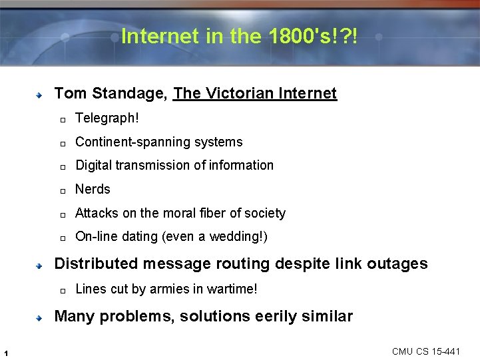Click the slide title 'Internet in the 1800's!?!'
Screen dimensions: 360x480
239,36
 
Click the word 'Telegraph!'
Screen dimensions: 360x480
107,118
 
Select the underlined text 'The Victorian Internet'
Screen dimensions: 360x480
255,93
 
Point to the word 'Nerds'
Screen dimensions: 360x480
93,190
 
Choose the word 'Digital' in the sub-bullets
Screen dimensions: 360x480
94,166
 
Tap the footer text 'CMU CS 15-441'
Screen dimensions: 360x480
425,351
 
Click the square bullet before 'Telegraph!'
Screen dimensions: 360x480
61,120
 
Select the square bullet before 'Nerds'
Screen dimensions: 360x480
61,191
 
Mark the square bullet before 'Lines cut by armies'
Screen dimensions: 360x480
61,291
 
